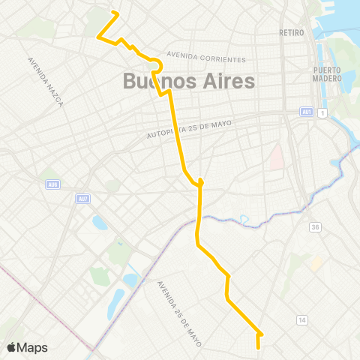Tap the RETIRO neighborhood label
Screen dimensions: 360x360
tap(290, 32)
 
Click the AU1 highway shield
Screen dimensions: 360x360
tap(307, 112)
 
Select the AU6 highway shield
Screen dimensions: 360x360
tap(52, 184)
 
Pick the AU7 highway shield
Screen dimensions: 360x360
tap(82, 199)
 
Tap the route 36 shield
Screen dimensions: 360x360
tap(315, 227)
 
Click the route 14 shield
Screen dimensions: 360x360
tap(302, 319)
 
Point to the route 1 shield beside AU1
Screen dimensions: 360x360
tap(321, 112)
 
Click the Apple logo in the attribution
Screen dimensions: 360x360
tap(11, 346)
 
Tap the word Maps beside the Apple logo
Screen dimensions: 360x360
tap(32, 347)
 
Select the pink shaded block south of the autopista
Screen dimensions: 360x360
tap(277, 157)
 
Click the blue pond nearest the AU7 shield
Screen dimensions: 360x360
tap(100, 223)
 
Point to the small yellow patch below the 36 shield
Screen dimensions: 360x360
tap(317, 264)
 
